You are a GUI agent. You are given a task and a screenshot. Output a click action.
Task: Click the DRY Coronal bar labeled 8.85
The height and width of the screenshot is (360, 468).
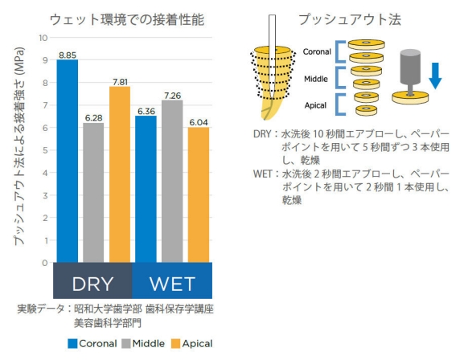tap(68, 161)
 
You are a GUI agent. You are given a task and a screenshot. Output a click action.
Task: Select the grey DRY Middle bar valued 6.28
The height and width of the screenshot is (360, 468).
tap(93, 193)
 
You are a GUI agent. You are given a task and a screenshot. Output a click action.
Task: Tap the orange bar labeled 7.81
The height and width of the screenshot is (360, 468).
tap(120, 174)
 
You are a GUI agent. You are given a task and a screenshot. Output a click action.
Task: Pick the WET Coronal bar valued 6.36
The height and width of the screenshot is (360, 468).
tap(146, 190)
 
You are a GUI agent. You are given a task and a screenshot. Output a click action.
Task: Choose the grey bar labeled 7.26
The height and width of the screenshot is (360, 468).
tap(172, 182)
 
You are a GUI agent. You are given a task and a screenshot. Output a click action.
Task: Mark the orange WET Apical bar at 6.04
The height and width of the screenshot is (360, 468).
tap(199, 195)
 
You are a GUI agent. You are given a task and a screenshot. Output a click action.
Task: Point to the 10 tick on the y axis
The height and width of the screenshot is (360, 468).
tap(43, 38)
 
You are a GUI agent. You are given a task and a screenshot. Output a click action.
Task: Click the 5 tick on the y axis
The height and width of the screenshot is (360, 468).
tap(45, 150)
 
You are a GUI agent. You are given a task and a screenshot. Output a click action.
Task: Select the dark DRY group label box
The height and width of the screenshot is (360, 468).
tap(92, 280)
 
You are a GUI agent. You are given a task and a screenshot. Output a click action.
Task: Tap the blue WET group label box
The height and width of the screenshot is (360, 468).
tap(172, 280)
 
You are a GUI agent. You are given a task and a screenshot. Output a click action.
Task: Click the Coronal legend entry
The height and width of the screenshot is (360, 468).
tap(92, 344)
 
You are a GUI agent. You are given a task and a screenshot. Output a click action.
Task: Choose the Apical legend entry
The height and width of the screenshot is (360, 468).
tap(192, 344)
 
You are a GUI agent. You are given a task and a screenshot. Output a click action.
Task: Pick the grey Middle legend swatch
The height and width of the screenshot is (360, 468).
tap(126, 344)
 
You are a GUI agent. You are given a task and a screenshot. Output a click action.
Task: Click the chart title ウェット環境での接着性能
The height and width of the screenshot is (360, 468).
tap(127, 20)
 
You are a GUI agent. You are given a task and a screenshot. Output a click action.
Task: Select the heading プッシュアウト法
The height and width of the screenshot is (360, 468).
tap(350, 19)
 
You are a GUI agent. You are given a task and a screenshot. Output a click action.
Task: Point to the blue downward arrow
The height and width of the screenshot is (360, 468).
tap(435, 76)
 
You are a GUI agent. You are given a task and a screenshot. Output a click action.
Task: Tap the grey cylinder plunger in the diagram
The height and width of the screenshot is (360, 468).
tap(410, 72)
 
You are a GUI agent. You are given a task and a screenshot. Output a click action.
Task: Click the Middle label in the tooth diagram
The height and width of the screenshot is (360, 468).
tap(316, 79)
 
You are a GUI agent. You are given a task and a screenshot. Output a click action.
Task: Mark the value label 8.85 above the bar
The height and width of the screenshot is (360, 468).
tap(68, 55)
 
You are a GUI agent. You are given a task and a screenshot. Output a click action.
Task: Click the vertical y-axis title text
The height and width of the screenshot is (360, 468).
tap(19, 146)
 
